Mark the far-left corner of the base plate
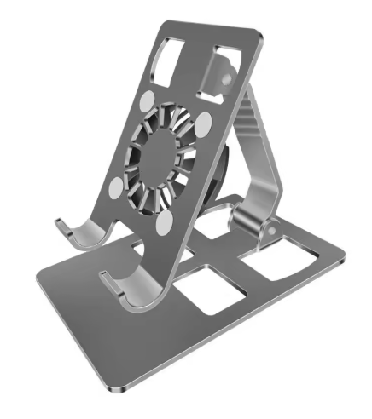(x=38, y=273)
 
